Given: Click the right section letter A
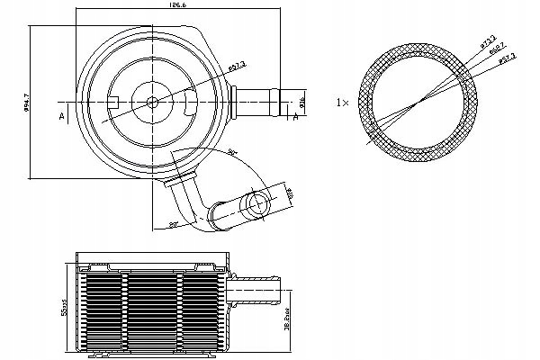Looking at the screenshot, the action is [x=297, y=114].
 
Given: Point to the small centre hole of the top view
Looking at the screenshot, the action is [x=151, y=100].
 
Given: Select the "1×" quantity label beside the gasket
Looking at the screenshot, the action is [x=342, y=103].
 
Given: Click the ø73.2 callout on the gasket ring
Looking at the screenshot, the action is [x=488, y=42].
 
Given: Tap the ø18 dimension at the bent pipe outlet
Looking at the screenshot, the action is [x=290, y=192].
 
